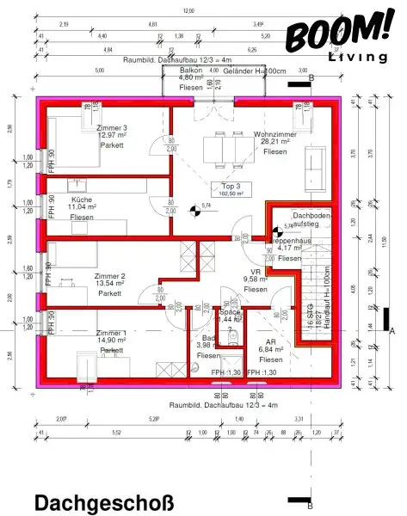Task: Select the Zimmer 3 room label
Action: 111,127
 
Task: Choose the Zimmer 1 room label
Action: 111,333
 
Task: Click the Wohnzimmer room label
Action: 275,134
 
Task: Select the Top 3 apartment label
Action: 219,186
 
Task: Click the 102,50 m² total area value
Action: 220,193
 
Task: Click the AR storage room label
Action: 270,341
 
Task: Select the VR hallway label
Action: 255,272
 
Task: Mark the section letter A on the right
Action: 392,330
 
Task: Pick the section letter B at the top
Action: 311,77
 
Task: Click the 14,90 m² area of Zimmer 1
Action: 111,341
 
